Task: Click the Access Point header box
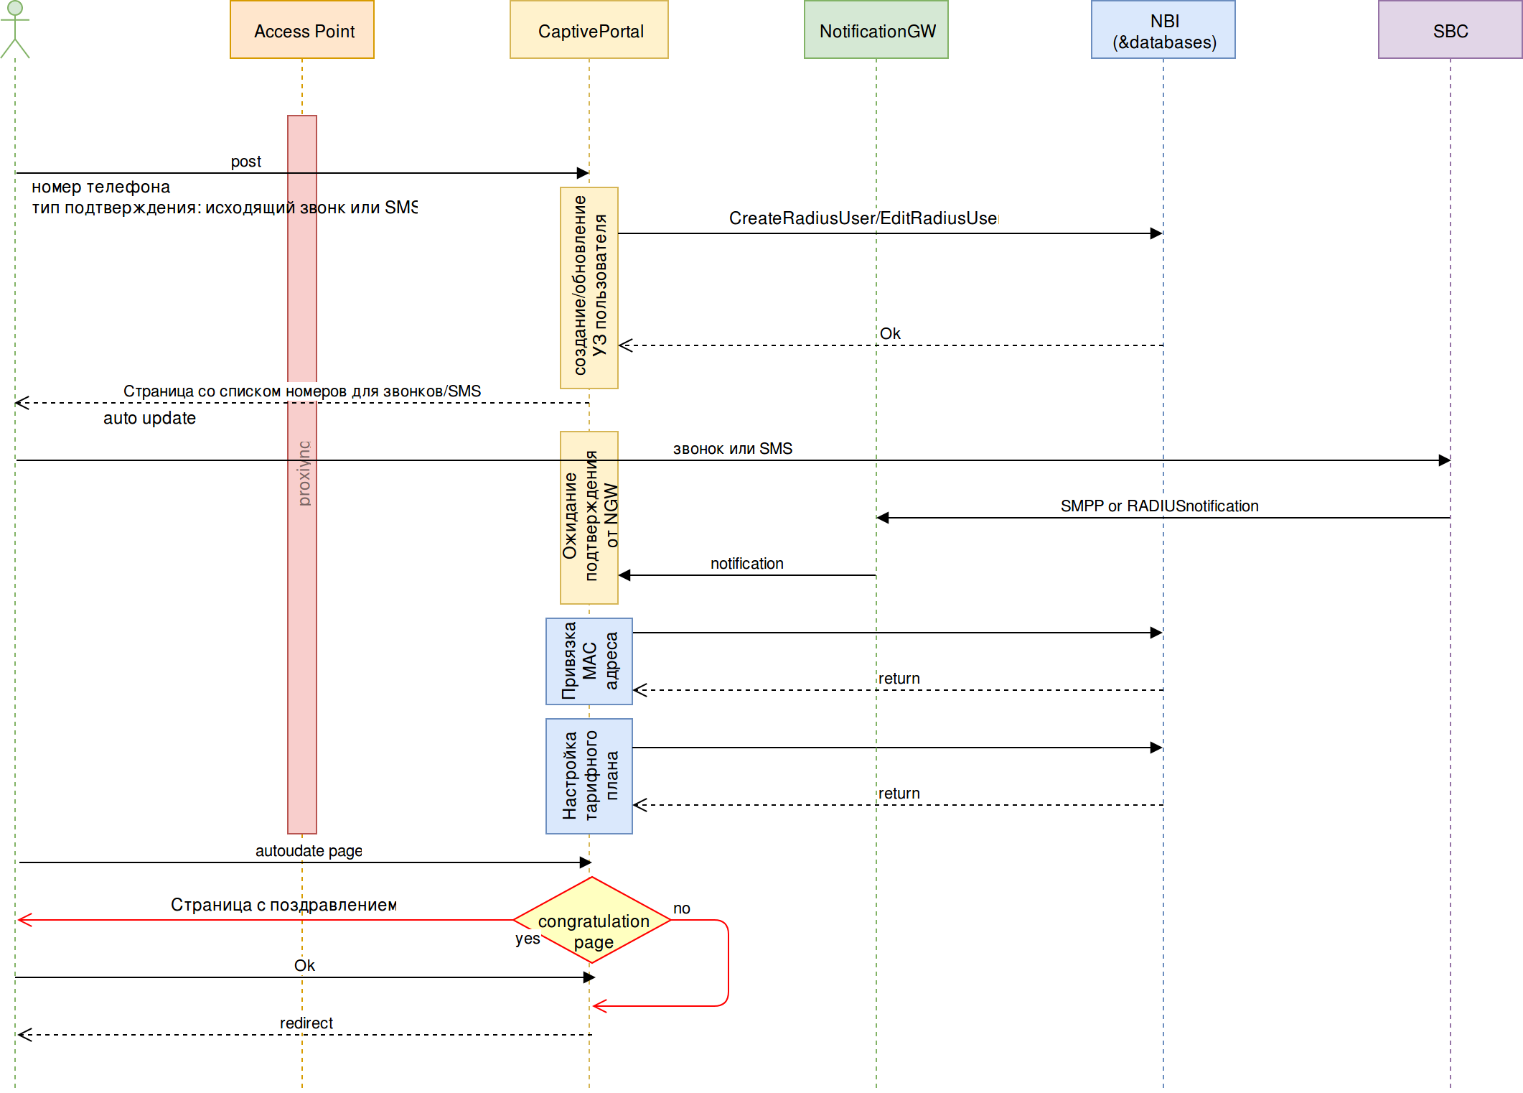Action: click(x=302, y=30)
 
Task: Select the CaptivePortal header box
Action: click(x=589, y=30)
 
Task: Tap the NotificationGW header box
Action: click(x=876, y=30)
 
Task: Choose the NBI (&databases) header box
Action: click(x=1163, y=30)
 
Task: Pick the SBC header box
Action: click(x=1450, y=30)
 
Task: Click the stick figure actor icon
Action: click(x=15, y=29)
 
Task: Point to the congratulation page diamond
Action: click(x=593, y=920)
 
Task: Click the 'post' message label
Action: click(x=246, y=162)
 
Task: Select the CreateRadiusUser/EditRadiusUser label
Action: click(x=863, y=218)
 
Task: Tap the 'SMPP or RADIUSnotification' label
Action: click(x=1159, y=506)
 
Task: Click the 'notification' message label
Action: click(x=746, y=564)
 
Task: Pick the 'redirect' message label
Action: click(x=306, y=1023)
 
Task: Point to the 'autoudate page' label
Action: click(x=309, y=851)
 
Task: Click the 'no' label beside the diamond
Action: click(x=682, y=908)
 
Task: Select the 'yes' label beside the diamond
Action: click(x=528, y=939)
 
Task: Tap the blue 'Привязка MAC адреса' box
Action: click(x=589, y=661)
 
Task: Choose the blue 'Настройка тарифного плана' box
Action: click(x=589, y=776)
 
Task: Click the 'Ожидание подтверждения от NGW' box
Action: click(x=589, y=518)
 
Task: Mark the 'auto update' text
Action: click(x=149, y=418)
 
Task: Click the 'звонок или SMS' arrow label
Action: click(x=732, y=449)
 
